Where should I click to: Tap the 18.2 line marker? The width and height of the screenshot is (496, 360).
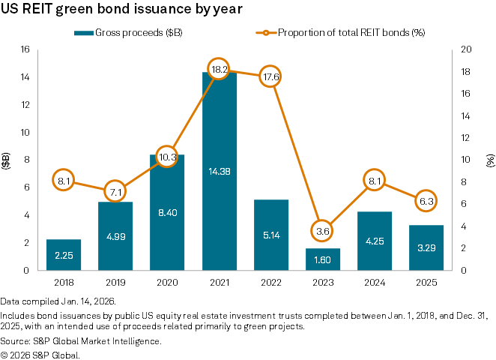point(218,69)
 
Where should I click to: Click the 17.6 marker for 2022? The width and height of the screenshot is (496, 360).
point(270,76)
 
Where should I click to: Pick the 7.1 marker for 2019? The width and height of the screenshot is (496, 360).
point(115,191)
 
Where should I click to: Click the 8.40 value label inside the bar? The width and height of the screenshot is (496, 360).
point(166,213)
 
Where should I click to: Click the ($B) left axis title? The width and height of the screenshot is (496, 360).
point(7,160)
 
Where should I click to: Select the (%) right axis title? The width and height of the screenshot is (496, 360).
point(489,160)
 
